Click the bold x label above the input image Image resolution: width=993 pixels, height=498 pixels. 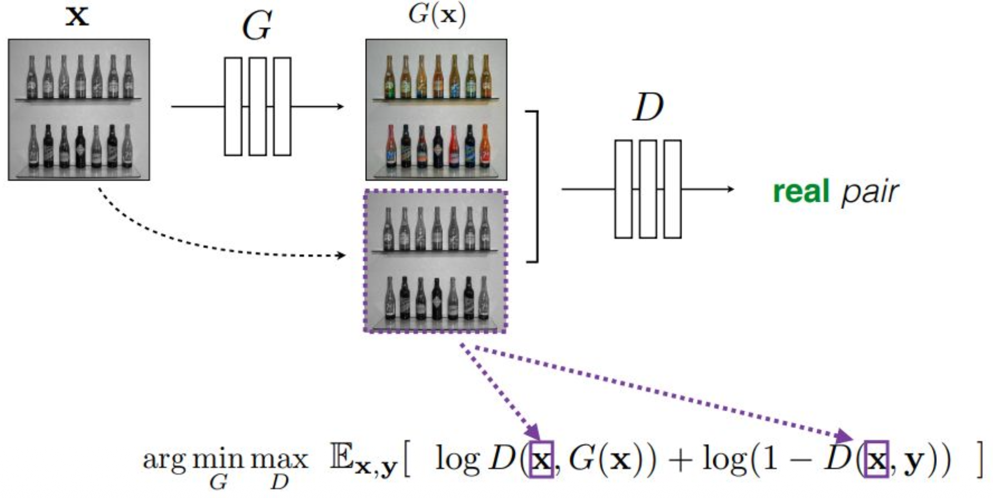tap(77, 16)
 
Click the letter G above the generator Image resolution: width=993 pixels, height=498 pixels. tap(257, 26)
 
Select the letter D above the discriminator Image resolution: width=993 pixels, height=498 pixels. tap(648, 107)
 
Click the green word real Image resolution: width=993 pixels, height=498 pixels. tap(801, 192)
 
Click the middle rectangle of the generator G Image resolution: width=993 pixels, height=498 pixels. tap(257, 106)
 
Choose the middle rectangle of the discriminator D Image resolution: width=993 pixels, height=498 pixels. tap(648, 189)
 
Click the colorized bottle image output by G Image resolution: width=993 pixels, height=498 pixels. tap(436, 109)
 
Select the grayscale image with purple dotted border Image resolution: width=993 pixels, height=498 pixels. tap(435, 261)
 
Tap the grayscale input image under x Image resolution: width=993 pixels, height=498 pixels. tap(79, 109)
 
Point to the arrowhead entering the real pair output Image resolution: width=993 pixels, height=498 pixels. tap(729, 189)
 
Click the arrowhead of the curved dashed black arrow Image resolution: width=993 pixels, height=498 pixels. tap(341, 256)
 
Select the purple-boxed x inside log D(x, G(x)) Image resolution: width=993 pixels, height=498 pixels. tap(541, 460)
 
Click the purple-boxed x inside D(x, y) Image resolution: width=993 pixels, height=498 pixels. tap(876, 460)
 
